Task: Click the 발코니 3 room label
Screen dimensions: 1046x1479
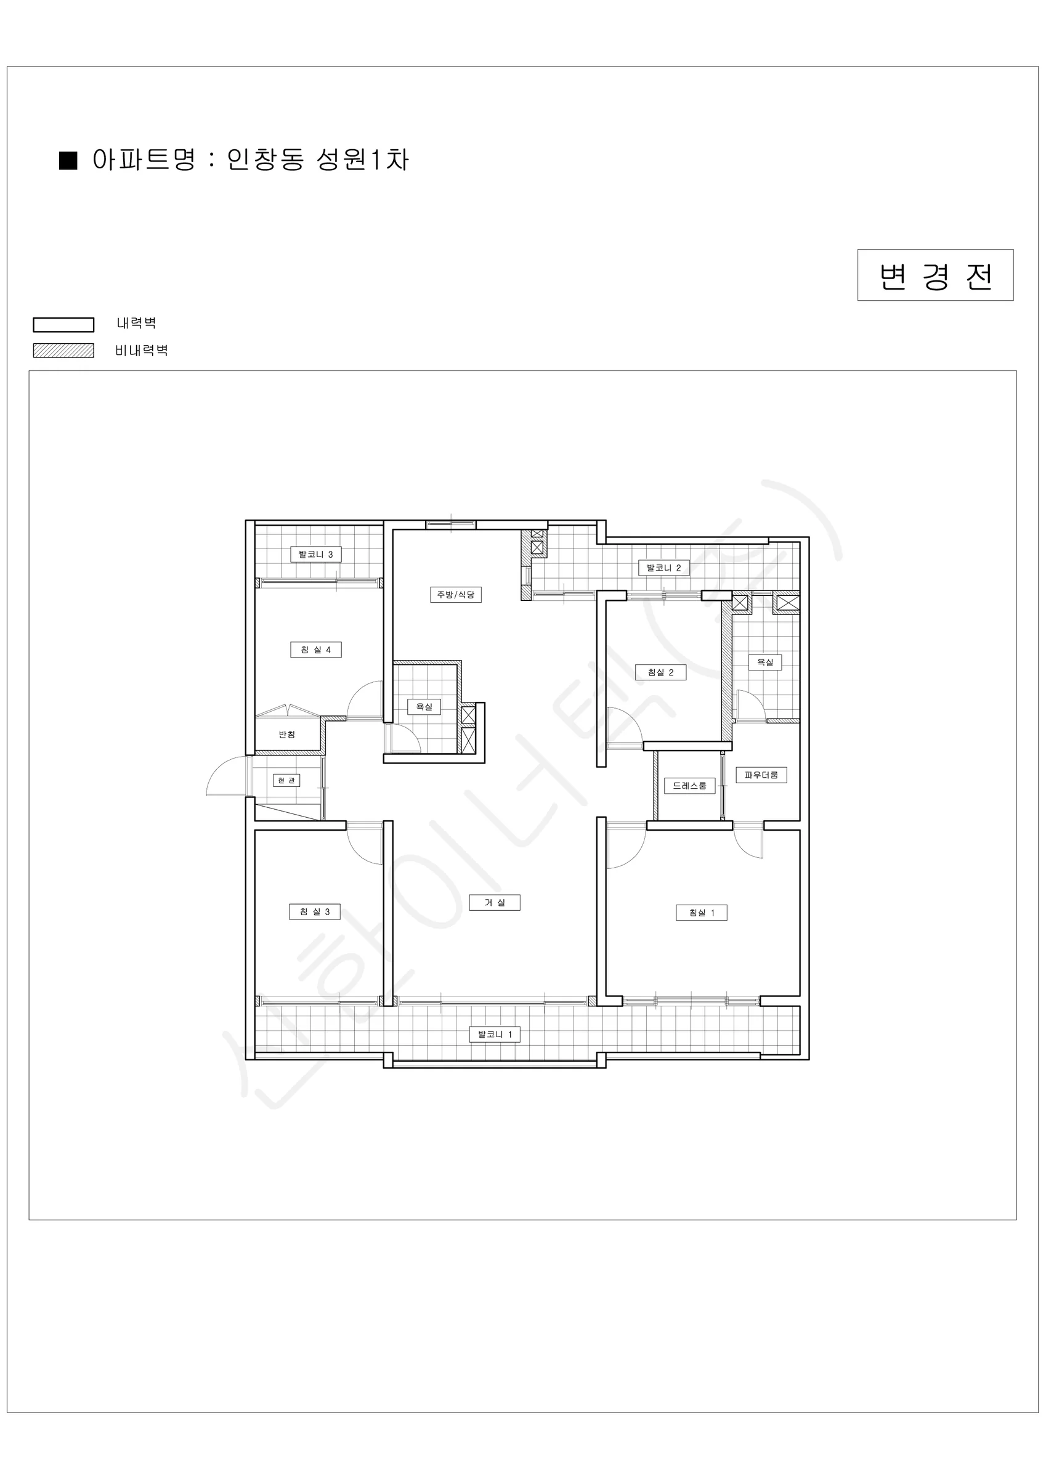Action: coord(315,554)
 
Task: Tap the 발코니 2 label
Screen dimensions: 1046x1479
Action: coord(663,568)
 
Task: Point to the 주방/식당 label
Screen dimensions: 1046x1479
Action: coord(455,594)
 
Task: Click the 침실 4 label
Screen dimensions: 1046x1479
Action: coord(315,650)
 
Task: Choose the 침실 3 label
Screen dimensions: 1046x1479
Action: coord(314,911)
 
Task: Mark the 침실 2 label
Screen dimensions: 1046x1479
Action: coord(660,672)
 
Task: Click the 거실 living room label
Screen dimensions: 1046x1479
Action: coord(495,902)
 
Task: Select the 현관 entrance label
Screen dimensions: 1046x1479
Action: coord(286,780)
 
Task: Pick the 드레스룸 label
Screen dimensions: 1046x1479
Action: coord(689,785)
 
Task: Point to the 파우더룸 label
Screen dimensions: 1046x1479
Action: coord(761,775)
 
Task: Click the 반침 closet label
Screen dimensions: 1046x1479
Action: coord(286,735)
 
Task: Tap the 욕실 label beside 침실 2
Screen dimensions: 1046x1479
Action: coord(765,662)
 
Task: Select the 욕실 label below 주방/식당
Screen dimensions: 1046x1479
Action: coord(424,707)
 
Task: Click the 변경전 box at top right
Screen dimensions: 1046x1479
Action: coord(935,275)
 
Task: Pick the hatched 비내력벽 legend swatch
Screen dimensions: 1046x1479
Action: coord(63,351)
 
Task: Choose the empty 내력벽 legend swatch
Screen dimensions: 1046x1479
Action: coord(63,325)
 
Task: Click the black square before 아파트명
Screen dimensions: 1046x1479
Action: coord(68,160)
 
